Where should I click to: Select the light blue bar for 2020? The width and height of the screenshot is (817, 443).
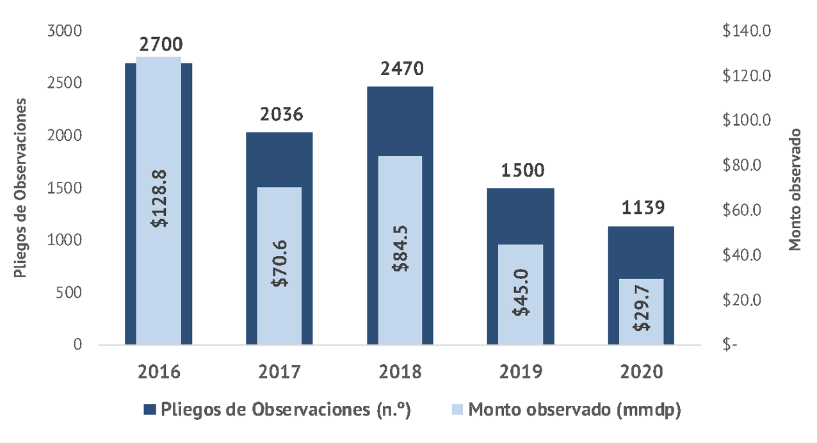point(641,294)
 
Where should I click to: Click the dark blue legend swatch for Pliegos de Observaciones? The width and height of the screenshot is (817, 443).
point(149,410)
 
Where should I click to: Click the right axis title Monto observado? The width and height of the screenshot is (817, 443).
point(795,189)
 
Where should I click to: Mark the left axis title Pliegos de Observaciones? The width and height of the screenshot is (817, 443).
point(20,188)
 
